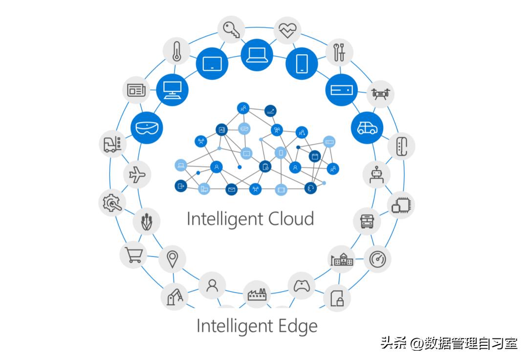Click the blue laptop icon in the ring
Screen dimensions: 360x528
point(256,54)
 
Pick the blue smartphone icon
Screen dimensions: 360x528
point(301,64)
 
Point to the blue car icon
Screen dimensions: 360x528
point(367,128)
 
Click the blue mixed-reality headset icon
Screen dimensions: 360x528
point(146,128)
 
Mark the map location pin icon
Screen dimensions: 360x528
point(172,259)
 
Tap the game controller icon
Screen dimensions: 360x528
point(302,286)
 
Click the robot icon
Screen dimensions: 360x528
point(376,174)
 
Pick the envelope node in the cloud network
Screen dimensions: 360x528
point(231,189)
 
